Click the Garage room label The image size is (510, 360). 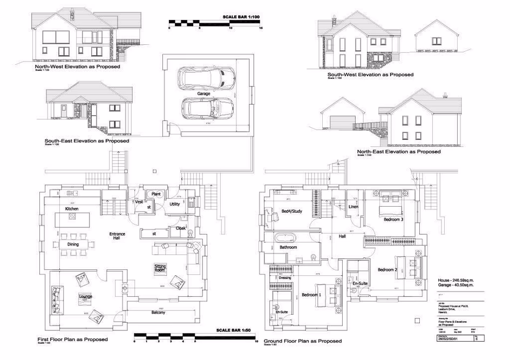tap(203, 93)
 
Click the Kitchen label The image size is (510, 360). tap(72, 208)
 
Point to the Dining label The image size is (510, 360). tap(73, 244)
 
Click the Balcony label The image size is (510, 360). tap(158, 313)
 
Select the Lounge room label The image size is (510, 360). tap(85, 296)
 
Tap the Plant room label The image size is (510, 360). tap(157, 193)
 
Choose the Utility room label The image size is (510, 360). tap(175, 204)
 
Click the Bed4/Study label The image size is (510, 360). tap(291, 211)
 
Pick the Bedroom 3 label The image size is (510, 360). tap(393, 220)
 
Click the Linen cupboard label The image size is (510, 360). tap(353, 207)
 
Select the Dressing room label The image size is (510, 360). tap(285, 277)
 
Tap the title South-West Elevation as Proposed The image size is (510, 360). tap(371, 74)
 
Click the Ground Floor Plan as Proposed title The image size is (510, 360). tap(302, 341)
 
